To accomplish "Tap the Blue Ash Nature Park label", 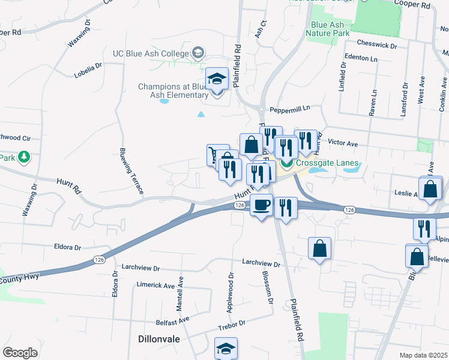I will click(x=327, y=29).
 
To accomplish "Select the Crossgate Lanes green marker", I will click(x=287, y=163).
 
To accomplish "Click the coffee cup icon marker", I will click(x=261, y=206).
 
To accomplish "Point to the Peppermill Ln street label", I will click(x=289, y=109).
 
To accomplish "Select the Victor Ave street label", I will click(x=343, y=143).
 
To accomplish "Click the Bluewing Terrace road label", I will click(x=131, y=170).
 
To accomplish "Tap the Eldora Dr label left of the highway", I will click(x=67, y=247).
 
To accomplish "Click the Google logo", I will click(x=20, y=353).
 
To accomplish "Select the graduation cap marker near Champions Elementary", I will click(x=217, y=79).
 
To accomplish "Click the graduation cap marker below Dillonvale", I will click(x=226, y=349).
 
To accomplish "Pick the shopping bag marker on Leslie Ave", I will click(x=431, y=189).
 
